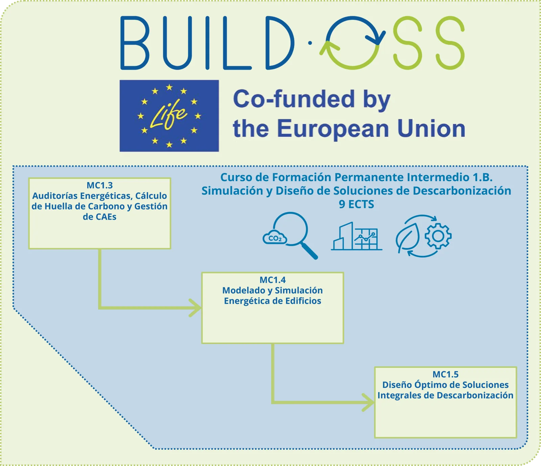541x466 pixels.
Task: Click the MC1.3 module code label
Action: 100,185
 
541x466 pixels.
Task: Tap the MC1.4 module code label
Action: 273,280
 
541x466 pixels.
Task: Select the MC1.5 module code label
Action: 446,374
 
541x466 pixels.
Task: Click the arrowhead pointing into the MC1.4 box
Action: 196,308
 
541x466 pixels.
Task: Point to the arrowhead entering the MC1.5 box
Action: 369,402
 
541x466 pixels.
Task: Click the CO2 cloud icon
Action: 275,238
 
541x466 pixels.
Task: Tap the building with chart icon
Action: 356,236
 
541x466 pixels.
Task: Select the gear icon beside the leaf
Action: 438,236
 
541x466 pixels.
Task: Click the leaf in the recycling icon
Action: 408,237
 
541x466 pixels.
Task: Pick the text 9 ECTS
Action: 356,204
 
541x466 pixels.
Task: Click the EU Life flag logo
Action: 169,116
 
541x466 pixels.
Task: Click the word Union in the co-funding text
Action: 431,128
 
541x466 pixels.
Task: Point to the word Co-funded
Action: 294,99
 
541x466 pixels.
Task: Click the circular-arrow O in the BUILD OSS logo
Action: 353,43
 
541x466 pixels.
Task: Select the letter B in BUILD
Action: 135,43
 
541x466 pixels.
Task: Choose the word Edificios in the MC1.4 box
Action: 303,301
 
